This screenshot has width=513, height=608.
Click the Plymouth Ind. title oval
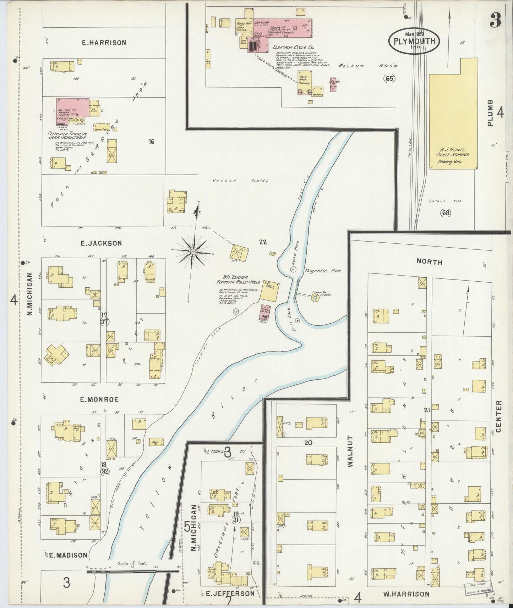click(414, 40)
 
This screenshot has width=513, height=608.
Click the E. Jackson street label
click(101, 243)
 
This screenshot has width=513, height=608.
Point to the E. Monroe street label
click(99, 399)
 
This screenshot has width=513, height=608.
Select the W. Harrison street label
click(406, 594)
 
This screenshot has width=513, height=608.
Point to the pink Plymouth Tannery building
click(71, 111)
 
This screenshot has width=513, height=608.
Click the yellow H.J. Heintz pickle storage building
click(453, 114)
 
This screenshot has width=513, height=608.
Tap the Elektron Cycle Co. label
click(293, 47)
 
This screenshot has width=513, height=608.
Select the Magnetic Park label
click(323, 271)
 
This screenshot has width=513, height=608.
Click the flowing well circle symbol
click(315, 299)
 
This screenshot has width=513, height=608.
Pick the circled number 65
click(389, 79)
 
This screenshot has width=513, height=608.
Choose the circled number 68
click(445, 213)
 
